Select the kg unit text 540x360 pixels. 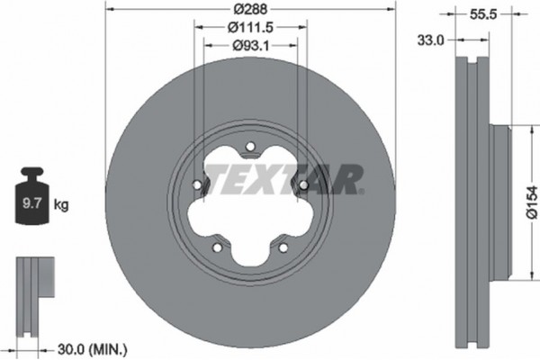(x=61, y=205)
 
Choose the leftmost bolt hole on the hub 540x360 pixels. (x=196, y=188)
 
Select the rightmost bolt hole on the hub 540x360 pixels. (x=303, y=186)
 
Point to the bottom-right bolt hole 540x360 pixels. (x=283, y=249)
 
